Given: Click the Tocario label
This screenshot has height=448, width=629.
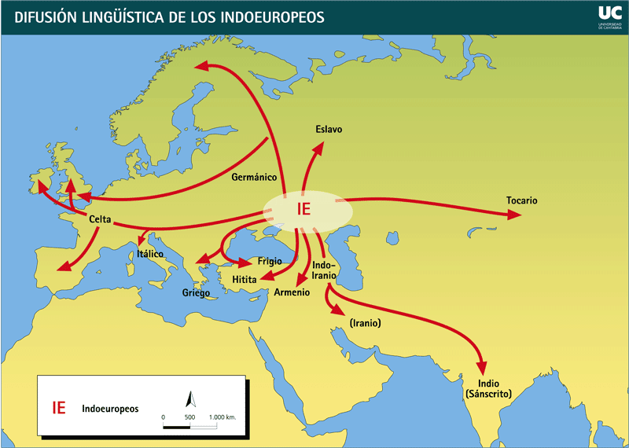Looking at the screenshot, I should click(x=522, y=200).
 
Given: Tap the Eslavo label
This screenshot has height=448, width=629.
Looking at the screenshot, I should click(x=329, y=129).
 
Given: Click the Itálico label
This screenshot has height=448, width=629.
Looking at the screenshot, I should click(x=150, y=254).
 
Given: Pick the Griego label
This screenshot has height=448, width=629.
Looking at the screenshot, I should click(x=197, y=293).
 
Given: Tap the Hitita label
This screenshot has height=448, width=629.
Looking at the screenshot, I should click(x=244, y=279).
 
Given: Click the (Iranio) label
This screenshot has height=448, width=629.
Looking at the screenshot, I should click(x=363, y=323).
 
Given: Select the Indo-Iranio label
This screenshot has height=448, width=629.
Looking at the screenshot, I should click(x=324, y=270).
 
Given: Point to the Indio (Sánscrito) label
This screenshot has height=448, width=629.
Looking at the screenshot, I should click(x=488, y=387).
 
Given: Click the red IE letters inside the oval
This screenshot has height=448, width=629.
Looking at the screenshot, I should click(x=305, y=209).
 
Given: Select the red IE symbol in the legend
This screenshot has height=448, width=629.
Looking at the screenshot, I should click(x=59, y=408).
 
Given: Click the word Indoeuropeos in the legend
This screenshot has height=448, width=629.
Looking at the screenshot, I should click(x=109, y=409).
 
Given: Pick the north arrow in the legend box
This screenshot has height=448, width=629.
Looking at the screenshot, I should click(x=189, y=398).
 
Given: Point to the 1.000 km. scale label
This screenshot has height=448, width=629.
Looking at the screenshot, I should click(x=223, y=417).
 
